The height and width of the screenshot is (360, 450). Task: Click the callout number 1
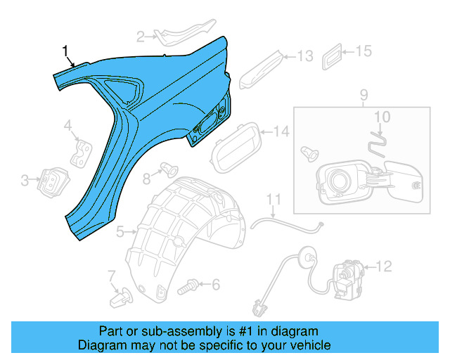66,51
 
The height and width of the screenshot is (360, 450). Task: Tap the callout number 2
141,36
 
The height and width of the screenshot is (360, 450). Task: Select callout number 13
305,56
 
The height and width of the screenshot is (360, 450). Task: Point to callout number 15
363,51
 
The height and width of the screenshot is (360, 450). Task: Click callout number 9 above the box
363,95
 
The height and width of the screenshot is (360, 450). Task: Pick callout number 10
380,116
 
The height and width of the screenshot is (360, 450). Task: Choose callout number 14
281,131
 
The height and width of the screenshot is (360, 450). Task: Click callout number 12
383,266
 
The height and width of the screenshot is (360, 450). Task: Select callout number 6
216,285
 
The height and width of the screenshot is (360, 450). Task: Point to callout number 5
120,230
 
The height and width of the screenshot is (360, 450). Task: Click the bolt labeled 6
188,287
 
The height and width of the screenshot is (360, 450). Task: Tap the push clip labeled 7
117,300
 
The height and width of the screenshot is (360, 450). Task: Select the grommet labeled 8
168,168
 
